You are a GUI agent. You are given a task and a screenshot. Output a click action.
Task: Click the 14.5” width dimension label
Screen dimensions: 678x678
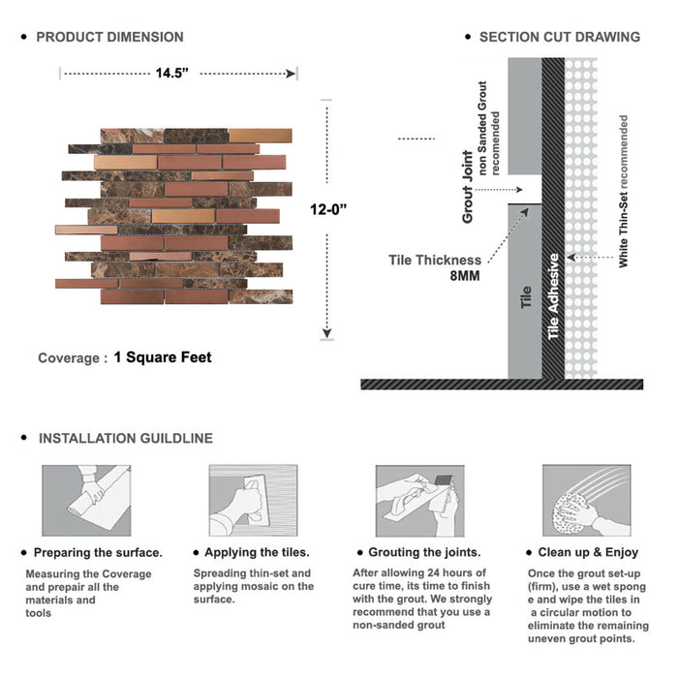coord(172,73)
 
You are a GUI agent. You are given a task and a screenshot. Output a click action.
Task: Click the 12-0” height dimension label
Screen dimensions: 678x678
coord(328,209)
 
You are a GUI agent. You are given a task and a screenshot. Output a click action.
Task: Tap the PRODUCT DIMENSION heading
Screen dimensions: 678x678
coord(109,37)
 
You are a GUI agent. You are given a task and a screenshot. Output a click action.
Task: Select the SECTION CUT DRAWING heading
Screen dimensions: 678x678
coord(560,37)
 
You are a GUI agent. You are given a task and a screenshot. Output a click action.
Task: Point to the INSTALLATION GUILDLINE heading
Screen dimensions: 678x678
coord(126,438)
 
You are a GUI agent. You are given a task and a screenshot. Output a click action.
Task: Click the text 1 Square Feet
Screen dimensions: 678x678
coord(163,357)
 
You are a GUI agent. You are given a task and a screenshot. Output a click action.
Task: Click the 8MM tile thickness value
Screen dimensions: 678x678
coord(465,275)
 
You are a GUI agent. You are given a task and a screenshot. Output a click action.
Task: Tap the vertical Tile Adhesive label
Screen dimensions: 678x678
coord(553,296)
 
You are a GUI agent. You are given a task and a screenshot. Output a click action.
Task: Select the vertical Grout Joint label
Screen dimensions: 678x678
coord(468,187)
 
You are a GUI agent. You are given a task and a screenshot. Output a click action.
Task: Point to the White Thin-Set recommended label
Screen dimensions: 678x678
coord(623,191)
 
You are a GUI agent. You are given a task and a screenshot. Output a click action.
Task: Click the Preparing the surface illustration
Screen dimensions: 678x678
coord(86,501)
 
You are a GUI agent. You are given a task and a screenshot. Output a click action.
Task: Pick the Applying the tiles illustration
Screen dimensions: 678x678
coord(254,501)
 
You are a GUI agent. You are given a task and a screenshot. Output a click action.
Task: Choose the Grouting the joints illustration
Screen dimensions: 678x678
coord(419,501)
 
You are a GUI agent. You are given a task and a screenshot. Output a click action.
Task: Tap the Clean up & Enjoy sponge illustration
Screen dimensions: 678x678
coord(587,501)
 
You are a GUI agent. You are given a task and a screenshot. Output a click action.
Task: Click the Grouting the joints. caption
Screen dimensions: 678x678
coord(424,552)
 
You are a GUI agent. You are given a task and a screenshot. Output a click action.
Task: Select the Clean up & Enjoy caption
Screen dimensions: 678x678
coord(588,552)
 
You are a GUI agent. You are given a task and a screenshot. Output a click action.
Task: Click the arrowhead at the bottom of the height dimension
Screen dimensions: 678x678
coord(327,333)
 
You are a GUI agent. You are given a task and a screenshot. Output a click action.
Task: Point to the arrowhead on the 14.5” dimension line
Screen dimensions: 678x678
coord(291,74)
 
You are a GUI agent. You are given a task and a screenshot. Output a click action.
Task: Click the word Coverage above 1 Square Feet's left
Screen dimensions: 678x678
coord(69,358)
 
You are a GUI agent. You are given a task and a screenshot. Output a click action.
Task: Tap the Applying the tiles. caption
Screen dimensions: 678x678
coord(257,552)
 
